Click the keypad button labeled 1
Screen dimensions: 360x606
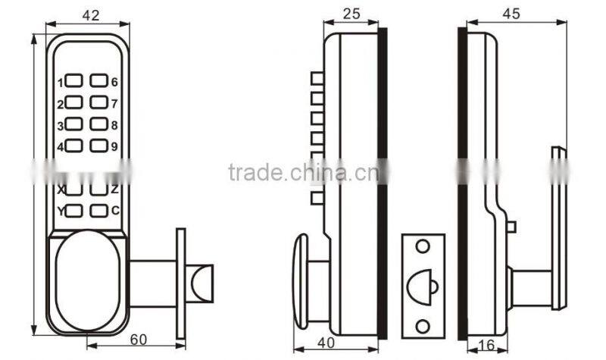74,80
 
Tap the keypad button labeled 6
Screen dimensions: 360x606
98,80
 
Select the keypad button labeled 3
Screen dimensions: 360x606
74,124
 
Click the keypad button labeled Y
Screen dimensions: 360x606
74,211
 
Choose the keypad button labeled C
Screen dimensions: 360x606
98,211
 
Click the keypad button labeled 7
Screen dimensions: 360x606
98,102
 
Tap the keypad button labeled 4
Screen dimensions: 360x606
74,146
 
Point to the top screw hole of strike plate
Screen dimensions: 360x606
422,246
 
